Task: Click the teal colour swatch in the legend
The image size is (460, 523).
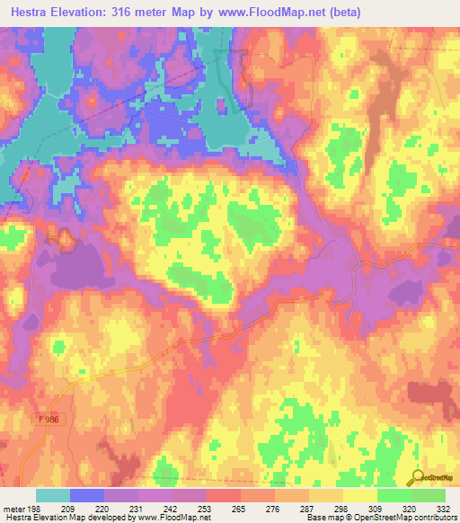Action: point(53,496)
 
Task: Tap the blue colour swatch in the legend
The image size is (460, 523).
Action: point(87,496)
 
